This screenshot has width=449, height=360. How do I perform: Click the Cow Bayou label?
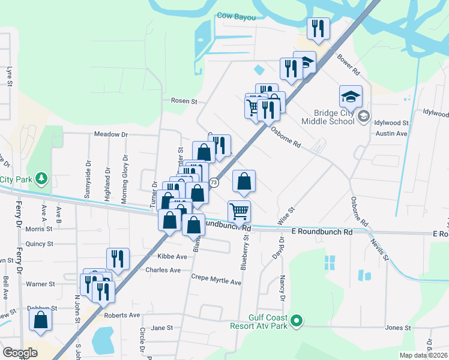[x=236, y=17]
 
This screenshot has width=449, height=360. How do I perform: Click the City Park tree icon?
[x=41, y=179]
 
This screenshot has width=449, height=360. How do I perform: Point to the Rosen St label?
[x=184, y=101]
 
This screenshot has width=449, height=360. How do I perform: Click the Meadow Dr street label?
[x=110, y=134]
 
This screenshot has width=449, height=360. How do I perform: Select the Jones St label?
[x=397, y=328]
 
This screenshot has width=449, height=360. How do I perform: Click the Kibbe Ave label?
[x=172, y=256]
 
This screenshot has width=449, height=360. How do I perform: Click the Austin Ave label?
[x=392, y=133]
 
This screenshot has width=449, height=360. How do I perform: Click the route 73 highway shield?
[x=214, y=182]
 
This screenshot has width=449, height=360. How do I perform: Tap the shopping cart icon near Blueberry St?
[x=239, y=211]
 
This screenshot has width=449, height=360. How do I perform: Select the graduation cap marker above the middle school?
[x=351, y=96]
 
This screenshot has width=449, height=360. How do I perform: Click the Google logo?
[x=20, y=353]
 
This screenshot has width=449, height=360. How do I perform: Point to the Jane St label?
[x=161, y=328]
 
